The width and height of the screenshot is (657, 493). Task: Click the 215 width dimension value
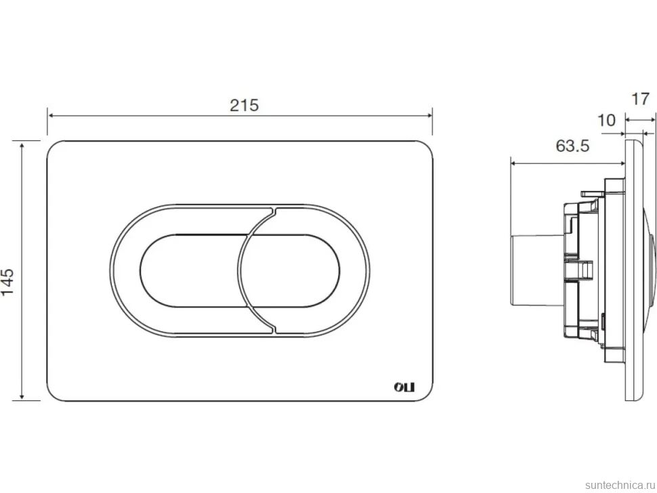(245, 105)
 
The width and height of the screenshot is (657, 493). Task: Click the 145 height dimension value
(8, 282)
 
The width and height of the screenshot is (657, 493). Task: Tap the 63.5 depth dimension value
(572, 146)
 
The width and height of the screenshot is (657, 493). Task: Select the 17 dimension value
(640, 100)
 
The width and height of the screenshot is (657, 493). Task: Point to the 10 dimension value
(606, 121)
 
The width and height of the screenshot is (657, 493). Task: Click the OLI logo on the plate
(404, 387)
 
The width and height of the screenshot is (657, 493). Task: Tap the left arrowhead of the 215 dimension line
(51, 115)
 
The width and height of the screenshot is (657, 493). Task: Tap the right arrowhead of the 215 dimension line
(429, 115)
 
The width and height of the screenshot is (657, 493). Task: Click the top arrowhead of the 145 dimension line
(22, 144)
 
